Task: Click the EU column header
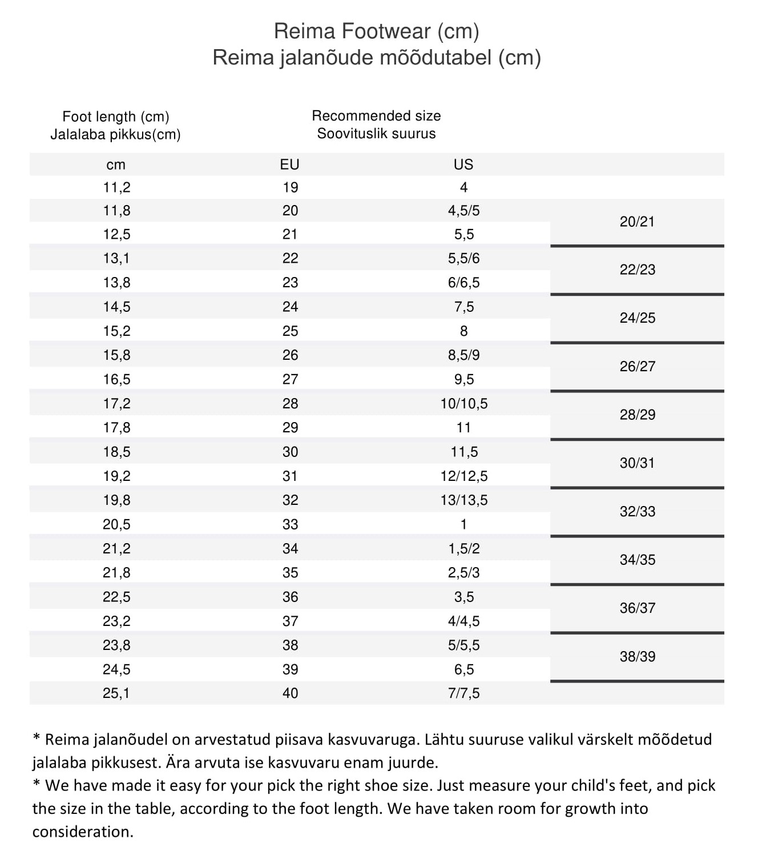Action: coord(289,164)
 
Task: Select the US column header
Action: coord(463,164)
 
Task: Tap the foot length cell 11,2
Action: coord(116,187)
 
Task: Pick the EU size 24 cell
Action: coord(290,307)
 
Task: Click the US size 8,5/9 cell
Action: coord(463,355)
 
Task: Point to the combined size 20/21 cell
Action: coord(637,222)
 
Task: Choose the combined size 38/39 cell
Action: coord(637,656)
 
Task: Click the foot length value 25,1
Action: coord(116,693)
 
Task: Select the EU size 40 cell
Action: coord(290,693)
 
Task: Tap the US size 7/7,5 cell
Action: coord(463,693)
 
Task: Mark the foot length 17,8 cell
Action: coord(116,427)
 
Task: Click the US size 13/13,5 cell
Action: coord(463,500)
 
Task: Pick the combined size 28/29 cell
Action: coord(637,415)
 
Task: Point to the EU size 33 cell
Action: coord(290,524)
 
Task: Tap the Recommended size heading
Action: coord(376,116)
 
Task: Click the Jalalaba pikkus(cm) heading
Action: coord(115,135)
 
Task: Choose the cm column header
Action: coord(116,165)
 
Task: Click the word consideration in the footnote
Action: coord(82,832)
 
